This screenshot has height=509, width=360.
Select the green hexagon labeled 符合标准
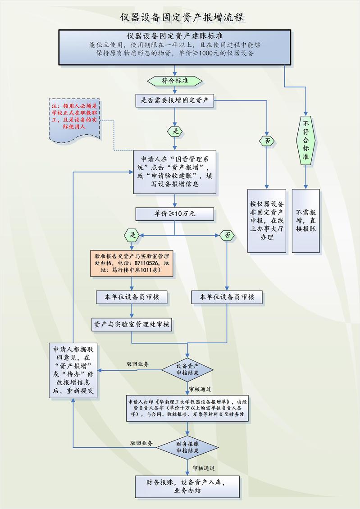coord(174,81)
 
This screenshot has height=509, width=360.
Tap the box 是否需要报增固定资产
coord(174,100)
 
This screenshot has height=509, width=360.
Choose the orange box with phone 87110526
coord(132,264)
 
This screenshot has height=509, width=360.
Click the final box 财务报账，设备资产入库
coord(187,486)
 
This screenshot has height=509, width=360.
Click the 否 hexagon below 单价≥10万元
coord(227,235)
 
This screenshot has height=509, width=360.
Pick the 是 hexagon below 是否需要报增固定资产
coord(174,131)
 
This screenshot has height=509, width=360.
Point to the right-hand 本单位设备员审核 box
coord(227,297)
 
